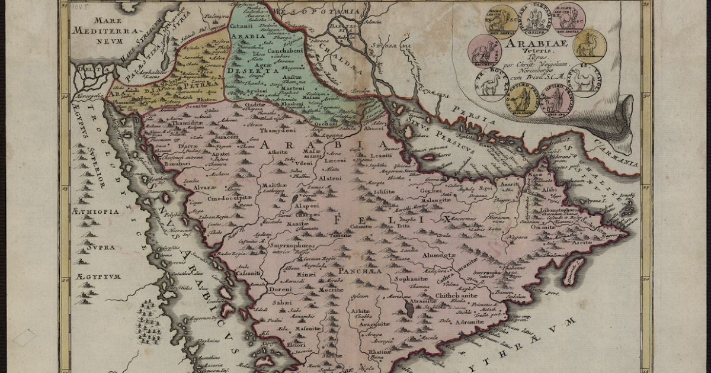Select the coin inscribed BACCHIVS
pos(484,50)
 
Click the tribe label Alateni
pos(330,178)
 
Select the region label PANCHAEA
pos(360,271)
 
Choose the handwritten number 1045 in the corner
pos(78,7)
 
